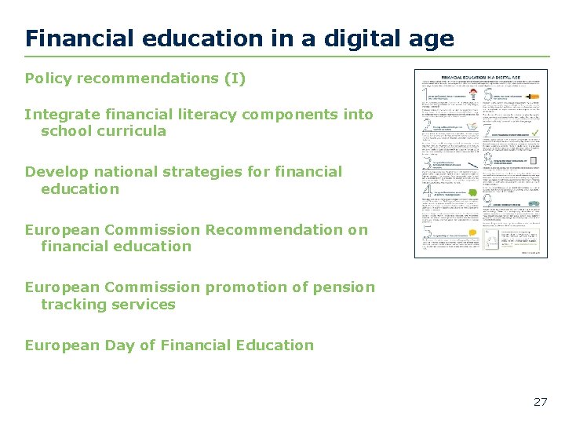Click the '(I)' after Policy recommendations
coord(235,79)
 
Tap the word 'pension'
coord(345,287)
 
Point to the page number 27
coord(540,402)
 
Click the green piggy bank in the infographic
coord(472,192)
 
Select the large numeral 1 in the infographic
coord(425,93)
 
